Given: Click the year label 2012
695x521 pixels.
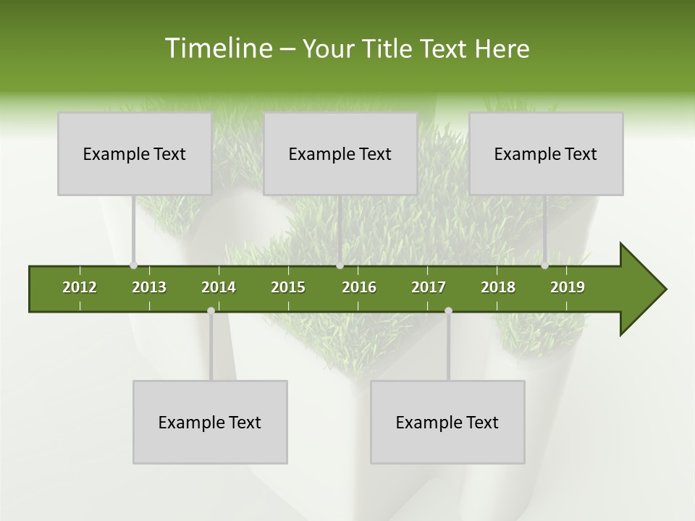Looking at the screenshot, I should pos(80,287).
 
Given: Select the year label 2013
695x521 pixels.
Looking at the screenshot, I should pos(149,287).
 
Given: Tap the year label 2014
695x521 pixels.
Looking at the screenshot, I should pos(219,287).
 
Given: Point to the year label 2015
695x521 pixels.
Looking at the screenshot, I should pos(288,287).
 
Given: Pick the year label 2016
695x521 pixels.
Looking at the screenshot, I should pos(359,287).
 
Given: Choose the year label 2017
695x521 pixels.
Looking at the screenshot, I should pos(429,287).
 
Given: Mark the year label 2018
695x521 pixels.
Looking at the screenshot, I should pos(498,287).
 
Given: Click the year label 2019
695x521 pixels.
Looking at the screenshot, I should pos(568,287).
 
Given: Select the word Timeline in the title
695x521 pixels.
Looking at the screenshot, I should pos(217,48).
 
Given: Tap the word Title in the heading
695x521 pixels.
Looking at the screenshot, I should pos(387,49).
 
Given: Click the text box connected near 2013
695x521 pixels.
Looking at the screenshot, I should pos(135,153).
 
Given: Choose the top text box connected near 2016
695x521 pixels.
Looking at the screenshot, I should pos(340,153).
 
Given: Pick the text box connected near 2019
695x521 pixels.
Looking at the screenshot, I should pos(546,153).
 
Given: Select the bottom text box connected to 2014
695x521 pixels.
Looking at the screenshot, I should pos(210,422).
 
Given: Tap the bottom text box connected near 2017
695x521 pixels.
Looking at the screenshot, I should pos(447,422).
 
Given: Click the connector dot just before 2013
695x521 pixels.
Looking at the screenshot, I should pos(133,266).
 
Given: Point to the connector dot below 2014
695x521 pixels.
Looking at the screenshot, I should pos(211,310).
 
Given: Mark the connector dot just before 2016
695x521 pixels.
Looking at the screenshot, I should pos(340,266).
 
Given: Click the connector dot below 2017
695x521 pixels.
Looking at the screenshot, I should pos(448,310).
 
